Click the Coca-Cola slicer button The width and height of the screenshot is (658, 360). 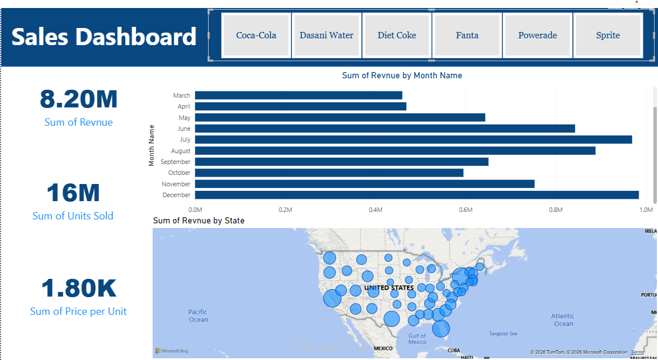pyautogui.click(x=256, y=35)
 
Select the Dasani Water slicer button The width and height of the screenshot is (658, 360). pyautogui.click(x=326, y=35)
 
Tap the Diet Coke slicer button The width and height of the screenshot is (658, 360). pyautogui.click(x=397, y=35)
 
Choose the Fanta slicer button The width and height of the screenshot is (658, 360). pyautogui.click(x=467, y=35)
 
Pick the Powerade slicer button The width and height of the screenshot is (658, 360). pyautogui.click(x=537, y=35)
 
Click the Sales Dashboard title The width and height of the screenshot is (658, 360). pyautogui.click(x=103, y=37)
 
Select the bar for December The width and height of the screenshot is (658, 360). pyautogui.click(x=417, y=195)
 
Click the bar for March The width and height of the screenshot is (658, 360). pyautogui.click(x=298, y=95)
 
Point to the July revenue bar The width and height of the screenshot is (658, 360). pyautogui.click(x=413, y=139)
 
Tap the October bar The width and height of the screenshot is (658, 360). pyautogui.click(x=329, y=173)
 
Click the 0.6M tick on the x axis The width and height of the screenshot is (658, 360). pyautogui.click(x=465, y=210)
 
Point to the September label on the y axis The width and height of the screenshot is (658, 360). pyautogui.click(x=176, y=162)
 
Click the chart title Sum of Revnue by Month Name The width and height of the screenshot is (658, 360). pyautogui.click(x=402, y=75)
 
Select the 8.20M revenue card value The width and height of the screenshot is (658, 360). pyautogui.click(x=78, y=99)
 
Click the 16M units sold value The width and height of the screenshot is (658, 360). pyautogui.click(x=73, y=193)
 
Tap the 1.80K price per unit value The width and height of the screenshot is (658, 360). pyautogui.click(x=78, y=288)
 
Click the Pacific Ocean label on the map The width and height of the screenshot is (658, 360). pyautogui.click(x=198, y=315)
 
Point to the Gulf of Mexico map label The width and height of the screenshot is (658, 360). pyautogui.click(x=417, y=339)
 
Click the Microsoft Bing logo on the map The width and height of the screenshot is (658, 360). pyautogui.click(x=172, y=351)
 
